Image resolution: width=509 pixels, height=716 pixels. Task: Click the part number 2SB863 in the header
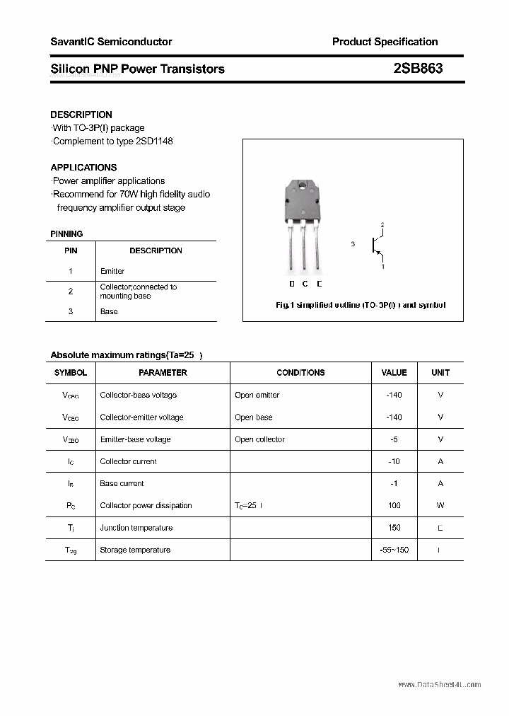coord(418,69)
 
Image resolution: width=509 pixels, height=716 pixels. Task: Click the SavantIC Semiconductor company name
coord(111,42)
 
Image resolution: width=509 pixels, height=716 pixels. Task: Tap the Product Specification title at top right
coord(385,42)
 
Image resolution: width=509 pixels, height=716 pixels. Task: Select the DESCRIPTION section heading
coord(81,115)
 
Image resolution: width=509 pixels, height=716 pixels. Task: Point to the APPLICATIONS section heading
coord(83,168)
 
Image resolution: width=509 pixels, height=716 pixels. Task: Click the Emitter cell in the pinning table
coord(112,271)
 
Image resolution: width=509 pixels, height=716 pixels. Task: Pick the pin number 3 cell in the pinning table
coord(71,311)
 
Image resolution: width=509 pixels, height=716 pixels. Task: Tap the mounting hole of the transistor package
coord(304,187)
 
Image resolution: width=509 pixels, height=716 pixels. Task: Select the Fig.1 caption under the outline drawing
coord(360,305)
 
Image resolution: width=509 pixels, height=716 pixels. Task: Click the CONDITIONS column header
coord(300,372)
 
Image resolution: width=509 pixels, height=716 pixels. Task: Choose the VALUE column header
coord(394,372)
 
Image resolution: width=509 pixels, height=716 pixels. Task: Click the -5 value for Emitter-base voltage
coord(394,439)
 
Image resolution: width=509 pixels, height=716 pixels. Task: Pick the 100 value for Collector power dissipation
coord(394,505)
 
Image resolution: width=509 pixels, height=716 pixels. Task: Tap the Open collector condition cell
coord(259,439)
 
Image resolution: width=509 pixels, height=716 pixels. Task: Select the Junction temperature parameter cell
coord(136,528)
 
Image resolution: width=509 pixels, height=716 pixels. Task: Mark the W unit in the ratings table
coord(440,505)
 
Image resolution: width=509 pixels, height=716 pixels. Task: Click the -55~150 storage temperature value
coord(394,550)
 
